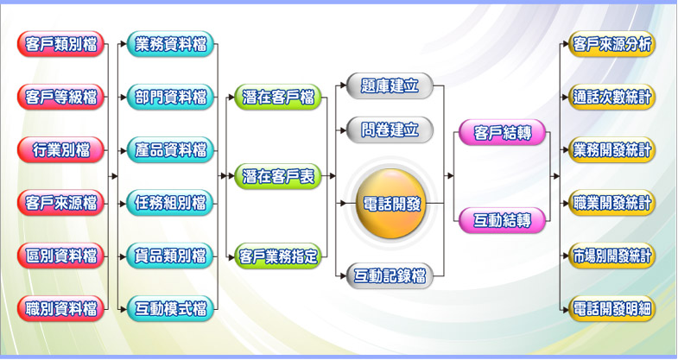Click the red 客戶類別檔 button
pyautogui.click(x=60, y=44)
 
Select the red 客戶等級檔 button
pyautogui.click(x=60, y=97)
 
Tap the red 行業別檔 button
pyautogui.click(x=60, y=149)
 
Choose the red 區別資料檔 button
pyautogui.click(x=60, y=255)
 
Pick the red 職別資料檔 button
pyautogui.click(x=60, y=307)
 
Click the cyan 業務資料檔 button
pyautogui.click(x=170, y=44)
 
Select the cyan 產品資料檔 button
pyautogui.click(x=170, y=149)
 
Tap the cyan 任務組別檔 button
pyautogui.click(x=170, y=203)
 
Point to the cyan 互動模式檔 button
pyautogui.click(x=170, y=307)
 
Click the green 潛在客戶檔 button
pyautogui.click(x=278, y=97)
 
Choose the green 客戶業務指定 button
pyautogui.click(x=278, y=256)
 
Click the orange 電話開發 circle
pyautogui.click(x=392, y=205)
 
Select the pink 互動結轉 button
pyautogui.click(x=502, y=219)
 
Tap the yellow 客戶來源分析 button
pyautogui.click(x=612, y=44)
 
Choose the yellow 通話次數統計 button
pyautogui.click(x=612, y=97)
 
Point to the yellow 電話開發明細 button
pyautogui.click(x=612, y=307)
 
